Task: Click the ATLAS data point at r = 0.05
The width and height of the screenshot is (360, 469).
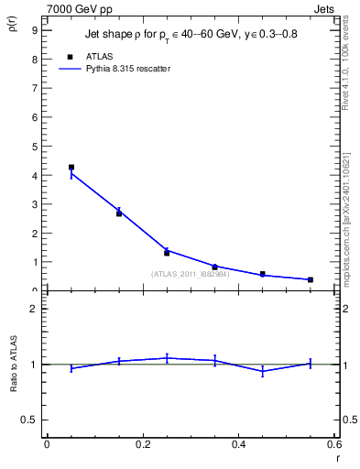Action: tap(71, 168)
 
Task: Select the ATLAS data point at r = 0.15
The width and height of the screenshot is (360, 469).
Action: tap(119, 213)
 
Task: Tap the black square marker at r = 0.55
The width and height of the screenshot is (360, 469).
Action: tap(311, 279)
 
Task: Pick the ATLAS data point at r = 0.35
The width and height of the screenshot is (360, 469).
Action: tap(214, 267)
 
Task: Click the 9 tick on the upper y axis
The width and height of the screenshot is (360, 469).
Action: tap(34, 30)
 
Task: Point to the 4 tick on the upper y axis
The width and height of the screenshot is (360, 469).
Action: tap(34, 175)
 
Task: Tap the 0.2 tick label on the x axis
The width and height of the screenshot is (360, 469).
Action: tap(142, 444)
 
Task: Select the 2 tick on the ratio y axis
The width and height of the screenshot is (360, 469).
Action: tap(34, 309)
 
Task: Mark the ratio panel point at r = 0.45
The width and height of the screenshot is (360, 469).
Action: tap(263, 371)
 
